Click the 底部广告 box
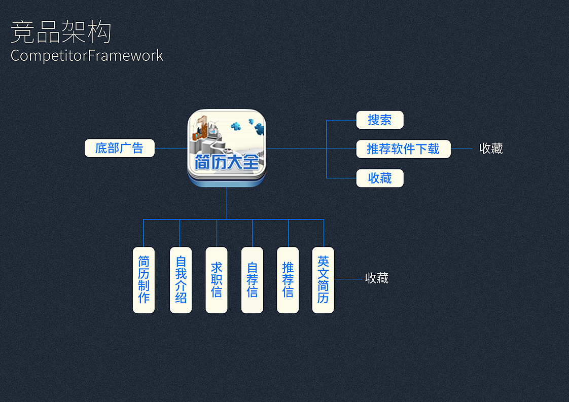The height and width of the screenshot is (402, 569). [x=119, y=148]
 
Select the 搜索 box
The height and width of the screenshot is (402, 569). [x=380, y=120]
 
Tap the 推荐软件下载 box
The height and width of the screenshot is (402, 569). [x=403, y=149]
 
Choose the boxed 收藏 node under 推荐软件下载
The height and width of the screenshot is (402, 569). [x=380, y=178]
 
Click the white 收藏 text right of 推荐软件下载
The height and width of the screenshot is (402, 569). [x=491, y=149]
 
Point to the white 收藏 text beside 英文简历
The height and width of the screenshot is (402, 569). [x=376, y=278]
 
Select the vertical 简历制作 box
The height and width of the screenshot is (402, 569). [x=144, y=280]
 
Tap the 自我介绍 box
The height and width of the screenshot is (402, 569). [x=181, y=280]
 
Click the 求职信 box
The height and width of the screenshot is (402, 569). [x=217, y=280]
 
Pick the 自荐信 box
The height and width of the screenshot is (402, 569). [x=252, y=280]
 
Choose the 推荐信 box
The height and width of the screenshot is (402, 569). [x=288, y=280]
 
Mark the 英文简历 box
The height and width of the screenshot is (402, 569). [x=323, y=280]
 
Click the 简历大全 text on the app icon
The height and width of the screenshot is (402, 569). [x=227, y=162]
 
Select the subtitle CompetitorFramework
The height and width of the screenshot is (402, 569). [x=87, y=55]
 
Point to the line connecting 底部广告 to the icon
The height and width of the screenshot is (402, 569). [x=171, y=149]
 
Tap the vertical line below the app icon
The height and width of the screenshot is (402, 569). [x=226, y=203]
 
